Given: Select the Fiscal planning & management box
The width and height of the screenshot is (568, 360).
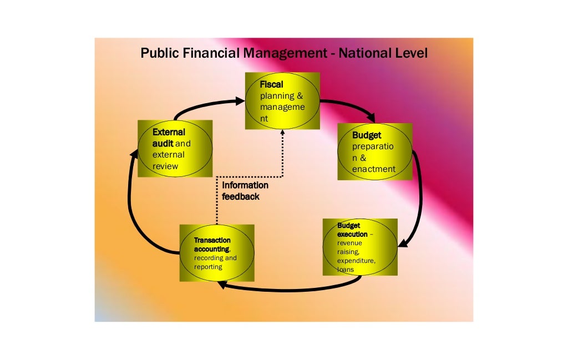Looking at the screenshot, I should point(282,101).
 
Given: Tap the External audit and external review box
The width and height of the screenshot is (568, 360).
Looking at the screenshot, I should point(175,148).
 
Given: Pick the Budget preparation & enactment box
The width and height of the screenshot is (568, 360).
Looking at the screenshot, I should point(375,151).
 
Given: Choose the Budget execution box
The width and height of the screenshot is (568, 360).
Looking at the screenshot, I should point(360,247).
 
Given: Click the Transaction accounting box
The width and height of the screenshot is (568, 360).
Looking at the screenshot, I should point(217,252).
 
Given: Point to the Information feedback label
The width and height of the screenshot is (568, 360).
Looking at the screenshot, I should point(245,190).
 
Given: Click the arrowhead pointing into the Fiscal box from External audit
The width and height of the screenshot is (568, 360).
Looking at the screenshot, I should point(240,101).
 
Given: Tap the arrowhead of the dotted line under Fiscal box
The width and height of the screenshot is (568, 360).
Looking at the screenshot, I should point(282,133).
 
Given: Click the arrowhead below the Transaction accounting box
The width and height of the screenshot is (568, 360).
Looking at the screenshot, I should point(221,285).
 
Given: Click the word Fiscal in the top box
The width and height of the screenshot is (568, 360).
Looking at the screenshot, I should point(271,85).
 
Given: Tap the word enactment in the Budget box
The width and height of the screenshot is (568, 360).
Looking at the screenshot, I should point(373,169).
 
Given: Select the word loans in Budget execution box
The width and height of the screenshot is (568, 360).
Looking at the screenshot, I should point(346,270).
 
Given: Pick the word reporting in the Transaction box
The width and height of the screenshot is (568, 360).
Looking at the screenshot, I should point(208,267).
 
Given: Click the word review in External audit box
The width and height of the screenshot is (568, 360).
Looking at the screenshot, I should point(165,166).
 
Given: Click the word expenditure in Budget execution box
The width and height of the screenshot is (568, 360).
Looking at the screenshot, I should point(356,261).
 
